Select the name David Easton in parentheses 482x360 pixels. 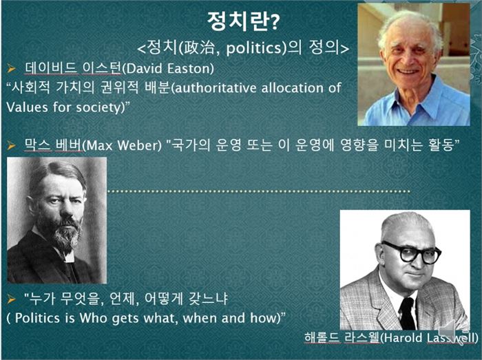click(x=168, y=68)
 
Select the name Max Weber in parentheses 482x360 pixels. click(x=122, y=145)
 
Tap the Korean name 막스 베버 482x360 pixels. click(x=53, y=145)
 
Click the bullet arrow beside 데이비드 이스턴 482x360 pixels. click(x=12, y=69)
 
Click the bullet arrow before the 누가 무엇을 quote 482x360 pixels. click(x=12, y=299)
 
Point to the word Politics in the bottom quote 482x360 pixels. click(x=37, y=318)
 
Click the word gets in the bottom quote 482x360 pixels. click(x=125, y=319)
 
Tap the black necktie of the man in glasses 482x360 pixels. click(x=407, y=313)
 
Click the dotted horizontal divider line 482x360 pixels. click(x=259, y=191)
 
